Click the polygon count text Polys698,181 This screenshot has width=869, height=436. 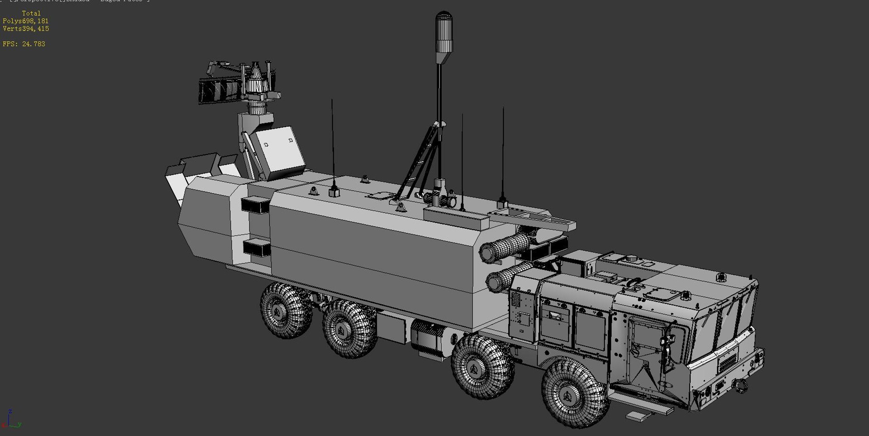[x=25, y=21]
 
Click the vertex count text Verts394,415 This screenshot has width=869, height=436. [x=26, y=29]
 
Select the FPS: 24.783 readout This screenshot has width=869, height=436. [x=24, y=44]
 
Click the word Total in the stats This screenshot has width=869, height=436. [x=31, y=14]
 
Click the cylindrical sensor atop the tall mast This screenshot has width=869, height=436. [x=444, y=34]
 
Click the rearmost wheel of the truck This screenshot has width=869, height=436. [x=285, y=311]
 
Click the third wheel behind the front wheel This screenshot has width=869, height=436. [x=482, y=366]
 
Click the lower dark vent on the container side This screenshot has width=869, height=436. [x=257, y=248]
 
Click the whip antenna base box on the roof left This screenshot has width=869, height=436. [x=334, y=192]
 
